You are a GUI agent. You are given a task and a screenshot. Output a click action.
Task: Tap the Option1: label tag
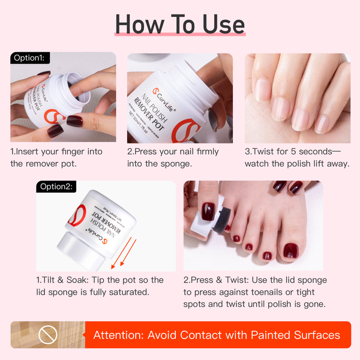coord(30,58)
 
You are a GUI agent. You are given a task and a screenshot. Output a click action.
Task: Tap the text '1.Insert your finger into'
coord(56,152)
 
